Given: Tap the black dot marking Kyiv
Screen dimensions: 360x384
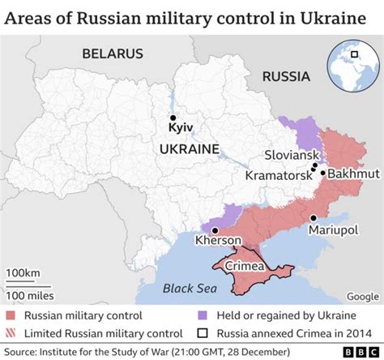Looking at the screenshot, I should pos(172,117).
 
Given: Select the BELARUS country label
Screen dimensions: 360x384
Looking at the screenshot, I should pos(112,54).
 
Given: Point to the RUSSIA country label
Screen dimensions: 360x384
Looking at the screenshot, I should pos(286,77).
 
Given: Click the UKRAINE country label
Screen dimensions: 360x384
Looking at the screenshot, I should pos(189,149).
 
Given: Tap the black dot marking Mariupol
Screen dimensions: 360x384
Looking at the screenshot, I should pos(313,217).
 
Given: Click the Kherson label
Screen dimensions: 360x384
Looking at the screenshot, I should pos(218,241).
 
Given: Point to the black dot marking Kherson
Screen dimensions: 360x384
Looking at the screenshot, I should pos(215,229).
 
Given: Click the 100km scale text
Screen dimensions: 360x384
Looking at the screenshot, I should pos(22,271).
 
